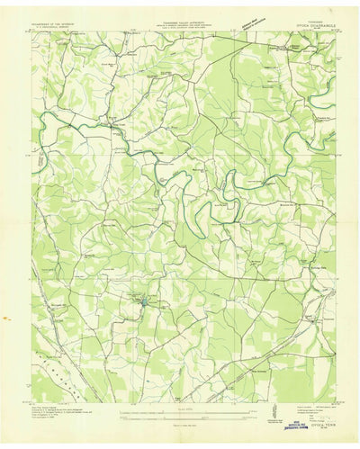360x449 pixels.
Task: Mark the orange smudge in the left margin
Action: click(x=5, y=318)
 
